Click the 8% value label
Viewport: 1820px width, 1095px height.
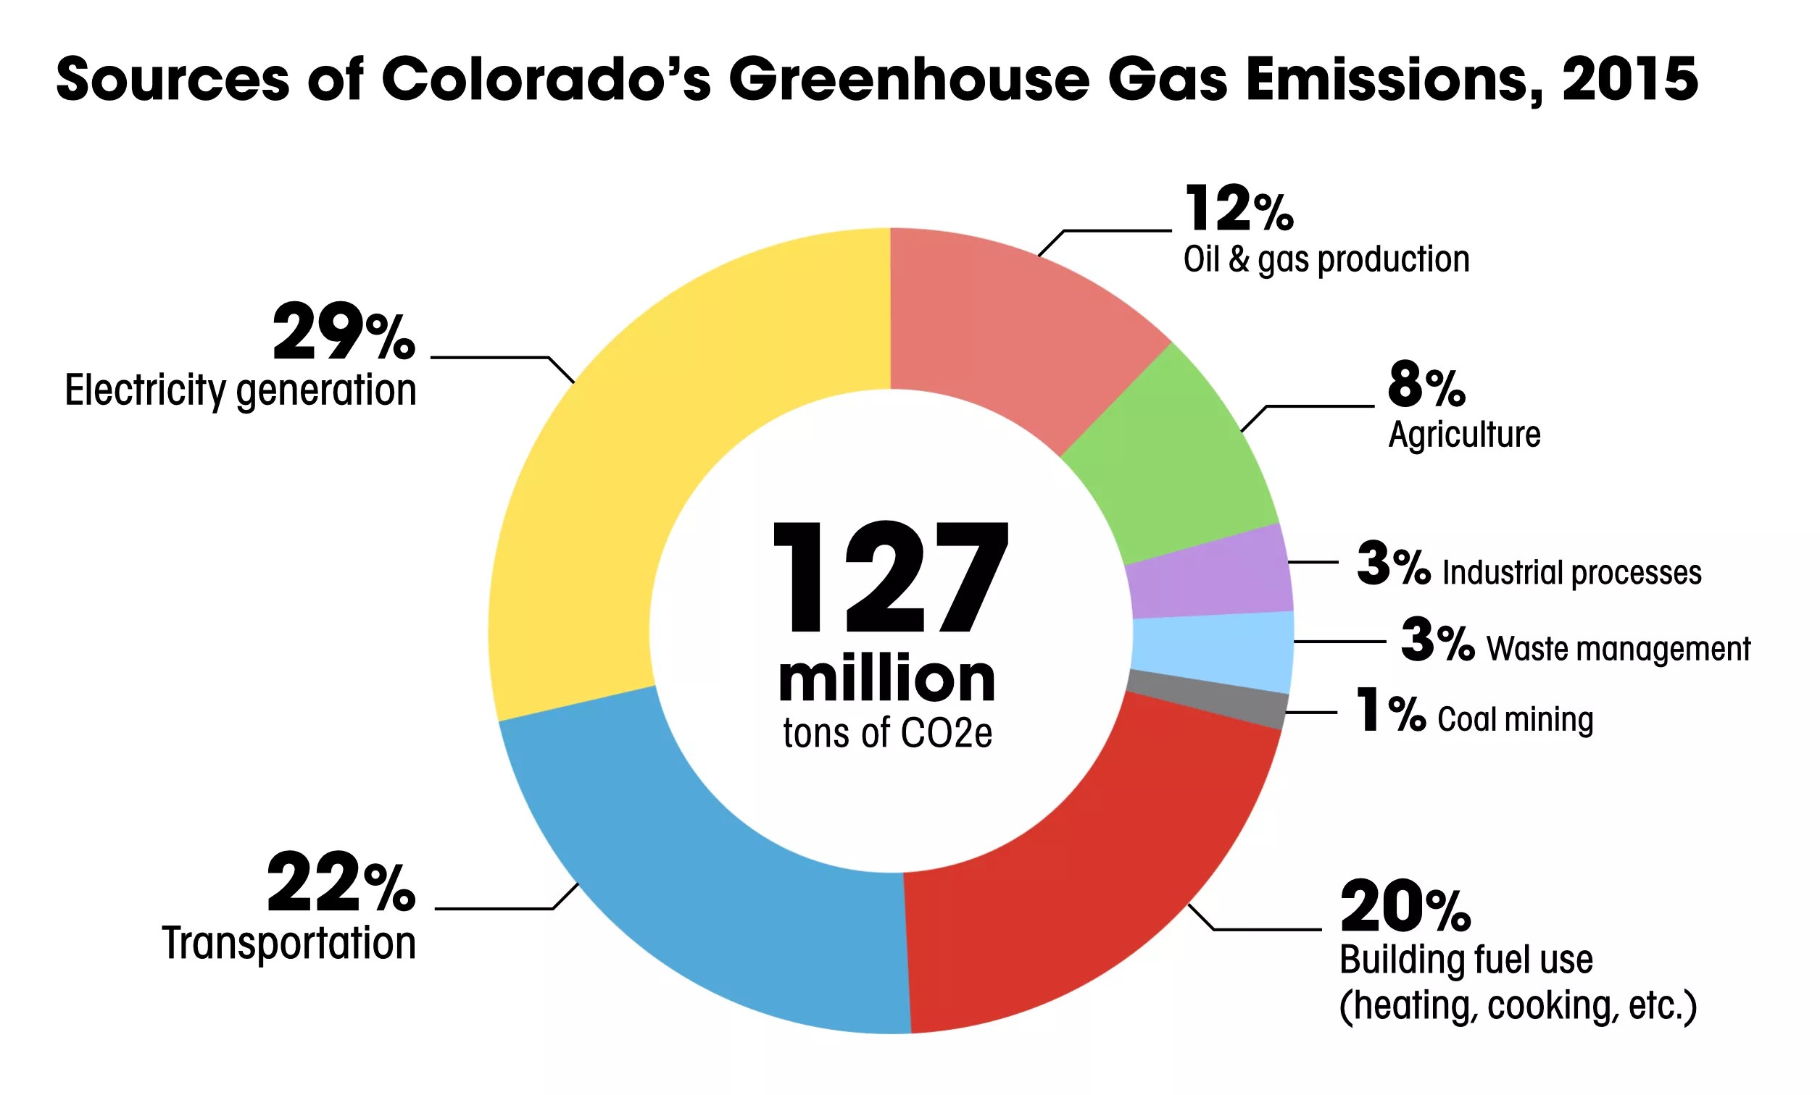[x=1426, y=386]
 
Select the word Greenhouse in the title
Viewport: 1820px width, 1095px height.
[x=909, y=80]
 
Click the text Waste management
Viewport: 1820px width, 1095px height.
[x=1618, y=649]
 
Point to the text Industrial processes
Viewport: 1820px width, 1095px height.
[x=1571, y=573]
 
